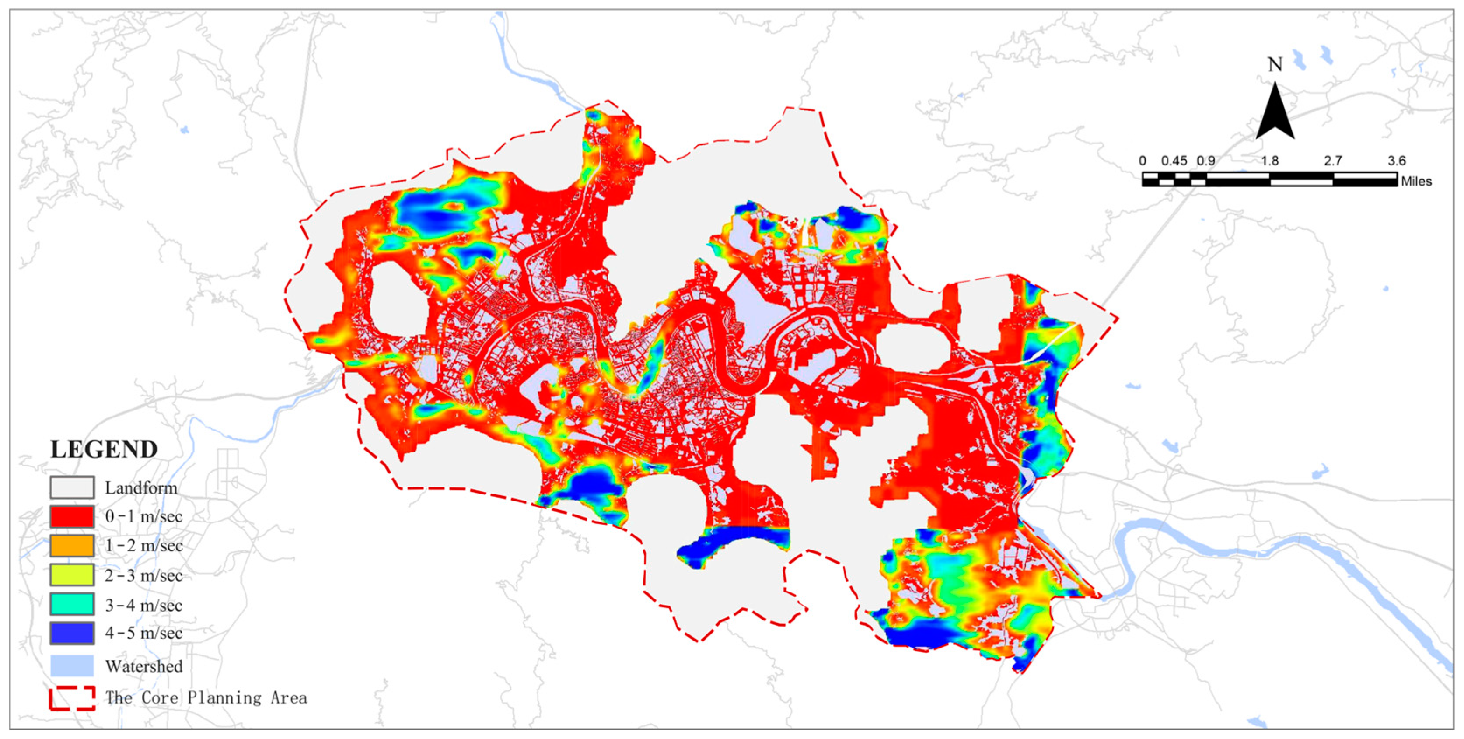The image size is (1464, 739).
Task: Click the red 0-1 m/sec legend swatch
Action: tap(72, 517)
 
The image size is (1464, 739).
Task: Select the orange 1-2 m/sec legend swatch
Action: tap(72, 546)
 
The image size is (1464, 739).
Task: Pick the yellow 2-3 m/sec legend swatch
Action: tap(72, 575)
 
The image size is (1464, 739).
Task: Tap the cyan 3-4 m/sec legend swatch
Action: tap(72, 604)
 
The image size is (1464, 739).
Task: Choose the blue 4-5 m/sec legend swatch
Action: tap(72, 633)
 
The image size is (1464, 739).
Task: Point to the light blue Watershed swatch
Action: tap(72, 665)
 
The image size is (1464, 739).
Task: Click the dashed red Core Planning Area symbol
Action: tap(72, 698)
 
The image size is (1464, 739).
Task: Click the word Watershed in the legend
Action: tap(144, 666)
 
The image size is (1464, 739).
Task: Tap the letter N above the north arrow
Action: tap(1275, 65)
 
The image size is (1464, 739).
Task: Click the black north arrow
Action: tap(1275, 114)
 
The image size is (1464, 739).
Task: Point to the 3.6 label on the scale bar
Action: tap(1396, 161)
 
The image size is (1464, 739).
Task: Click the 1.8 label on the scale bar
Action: tap(1270, 161)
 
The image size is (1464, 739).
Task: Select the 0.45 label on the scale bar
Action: tap(1174, 161)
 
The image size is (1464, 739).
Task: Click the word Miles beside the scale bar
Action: tap(1416, 181)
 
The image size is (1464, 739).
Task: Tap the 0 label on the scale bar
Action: tap(1143, 161)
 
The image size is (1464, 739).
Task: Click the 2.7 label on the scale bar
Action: tap(1333, 161)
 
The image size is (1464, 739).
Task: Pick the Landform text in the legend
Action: tap(141, 488)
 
